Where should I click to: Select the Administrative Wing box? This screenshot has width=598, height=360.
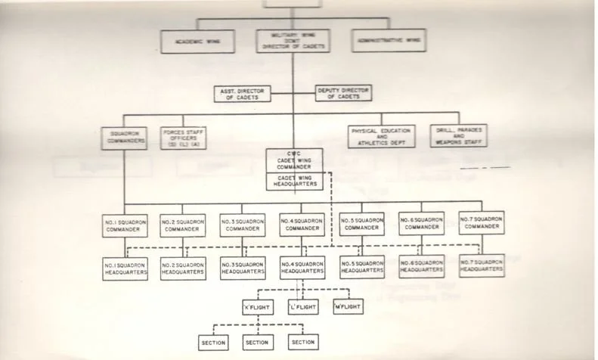388,41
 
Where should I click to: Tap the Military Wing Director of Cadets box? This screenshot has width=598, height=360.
293,42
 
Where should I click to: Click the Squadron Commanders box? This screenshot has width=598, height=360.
123,138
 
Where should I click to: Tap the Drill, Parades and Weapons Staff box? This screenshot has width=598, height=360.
457,136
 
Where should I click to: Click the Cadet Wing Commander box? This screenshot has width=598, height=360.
295,160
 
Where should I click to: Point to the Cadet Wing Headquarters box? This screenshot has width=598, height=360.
295,182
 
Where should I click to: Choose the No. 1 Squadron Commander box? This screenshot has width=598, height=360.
124,224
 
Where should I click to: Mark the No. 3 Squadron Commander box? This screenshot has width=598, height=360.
243,224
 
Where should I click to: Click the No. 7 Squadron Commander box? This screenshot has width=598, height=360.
481,222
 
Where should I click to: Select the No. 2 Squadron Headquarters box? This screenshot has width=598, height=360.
183,268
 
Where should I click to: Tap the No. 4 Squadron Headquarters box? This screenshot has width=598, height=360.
302,268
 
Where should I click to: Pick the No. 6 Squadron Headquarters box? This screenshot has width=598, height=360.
421,265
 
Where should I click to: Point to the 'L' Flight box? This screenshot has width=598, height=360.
302,307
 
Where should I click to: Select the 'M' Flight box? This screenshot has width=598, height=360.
347,306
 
